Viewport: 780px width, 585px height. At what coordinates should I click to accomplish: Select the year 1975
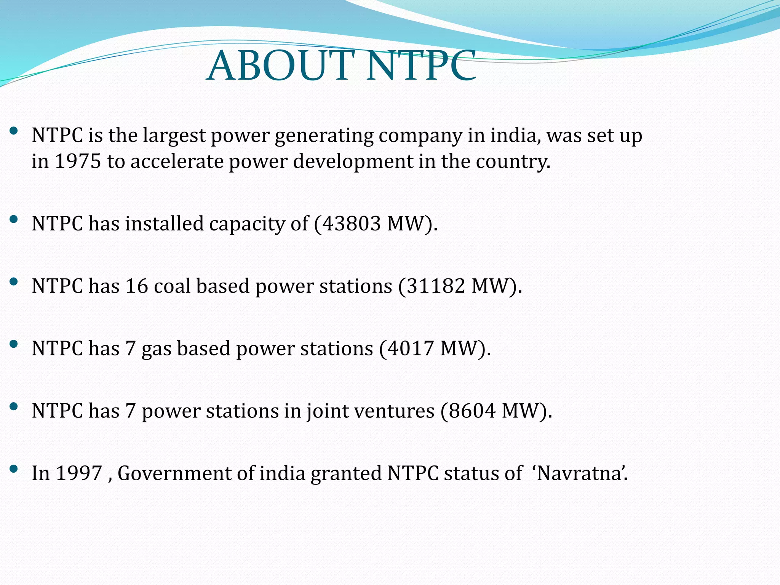coord(78,161)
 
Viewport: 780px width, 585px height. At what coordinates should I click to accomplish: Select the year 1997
coord(79,473)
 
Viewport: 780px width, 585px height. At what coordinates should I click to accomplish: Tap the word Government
coord(174,473)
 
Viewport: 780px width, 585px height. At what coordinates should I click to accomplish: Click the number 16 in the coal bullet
coord(136,286)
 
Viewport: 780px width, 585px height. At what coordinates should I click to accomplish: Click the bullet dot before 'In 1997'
coord(14,469)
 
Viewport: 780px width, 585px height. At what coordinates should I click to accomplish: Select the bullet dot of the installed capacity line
coord(14,219)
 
